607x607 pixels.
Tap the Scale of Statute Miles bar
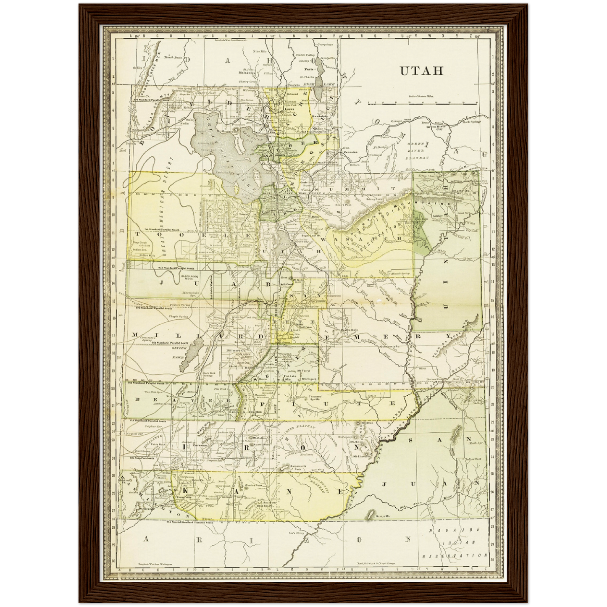[422, 102]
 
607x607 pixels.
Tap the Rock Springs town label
[470, 122]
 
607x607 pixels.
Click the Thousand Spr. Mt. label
[315, 398]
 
